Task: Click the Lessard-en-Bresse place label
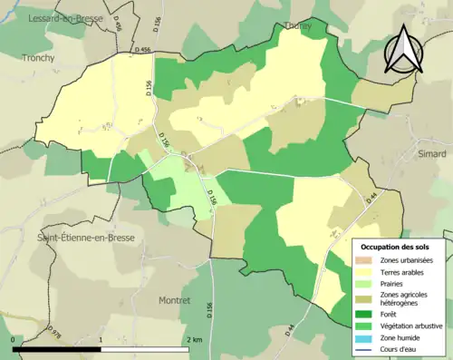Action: pyautogui.click(x=65, y=18)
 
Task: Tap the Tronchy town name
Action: pyautogui.click(x=39, y=57)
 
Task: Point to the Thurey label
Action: pyautogui.click(x=297, y=26)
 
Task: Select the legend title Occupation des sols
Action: pyautogui.click(x=397, y=246)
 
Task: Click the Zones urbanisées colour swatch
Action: pyautogui.click(x=363, y=261)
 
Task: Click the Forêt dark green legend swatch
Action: pyautogui.click(x=363, y=315)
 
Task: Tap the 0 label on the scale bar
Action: pyautogui.click(x=14, y=339)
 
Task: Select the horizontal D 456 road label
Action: pyautogui.click(x=140, y=51)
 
